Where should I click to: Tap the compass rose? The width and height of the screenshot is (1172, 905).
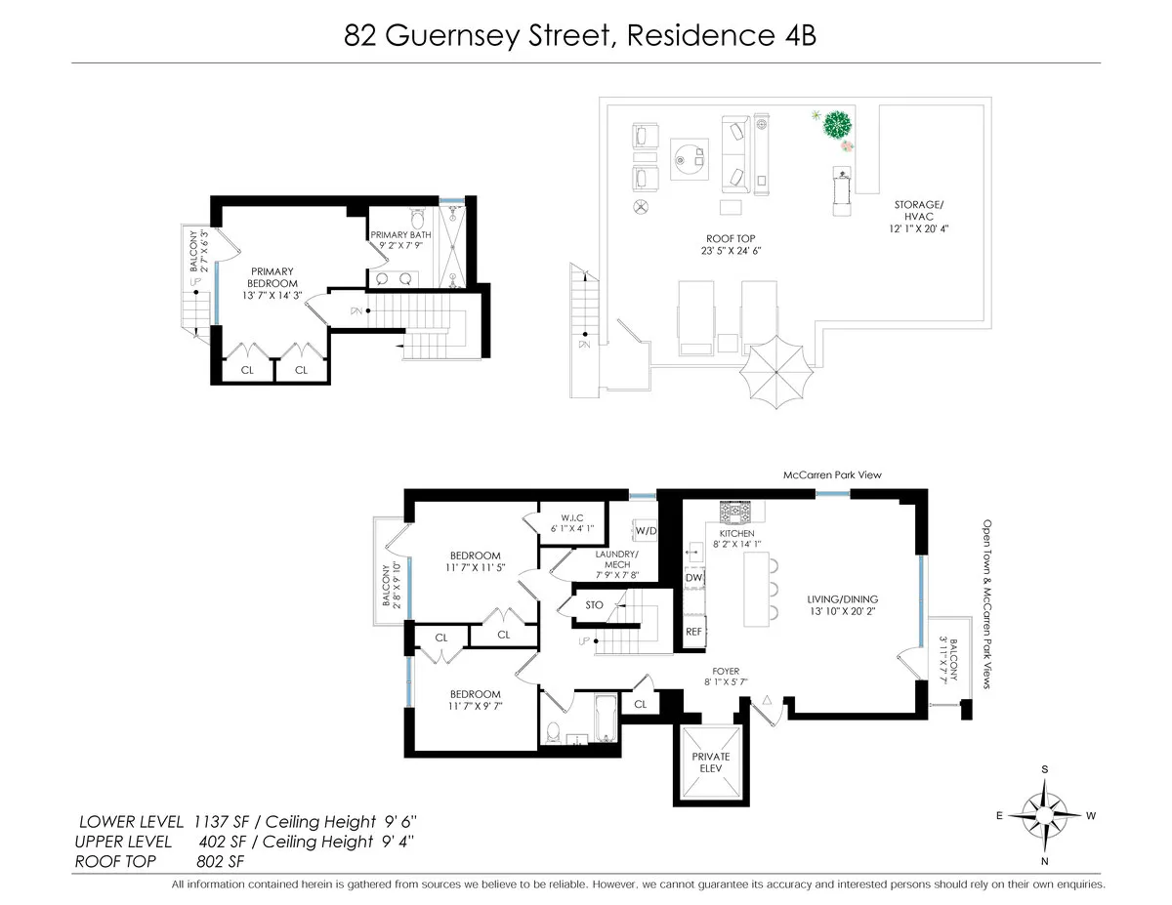(x=1044, y=814)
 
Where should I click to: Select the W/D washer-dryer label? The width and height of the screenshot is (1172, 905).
(x=646, y=531)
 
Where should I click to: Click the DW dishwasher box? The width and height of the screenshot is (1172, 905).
(x=694, y=579)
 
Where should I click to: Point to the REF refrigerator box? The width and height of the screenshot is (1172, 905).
(x=694, y=632)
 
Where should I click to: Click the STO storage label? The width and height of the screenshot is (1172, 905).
(x=594, y=605)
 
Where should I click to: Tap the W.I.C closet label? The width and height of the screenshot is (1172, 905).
(x=571, y=518)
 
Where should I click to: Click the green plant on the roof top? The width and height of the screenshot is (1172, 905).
(x=836, y=126)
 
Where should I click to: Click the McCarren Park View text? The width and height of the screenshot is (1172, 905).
(x=832, y=475)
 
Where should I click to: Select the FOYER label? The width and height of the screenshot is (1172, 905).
(x=724, y=671)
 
